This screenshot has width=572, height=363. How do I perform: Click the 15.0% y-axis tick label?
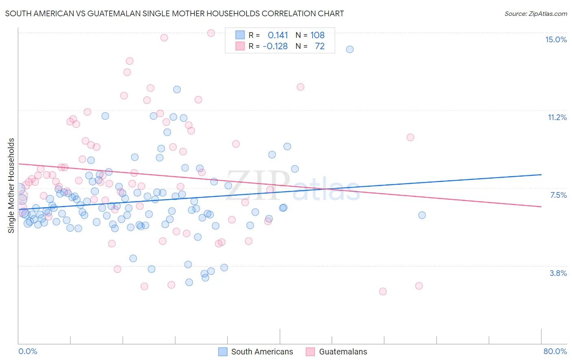coord(556,39)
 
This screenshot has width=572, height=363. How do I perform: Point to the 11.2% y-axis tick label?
coord(557,117)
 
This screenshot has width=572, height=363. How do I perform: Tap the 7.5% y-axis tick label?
coord(558,195)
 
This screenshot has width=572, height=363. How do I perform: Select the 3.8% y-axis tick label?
coord(558,273)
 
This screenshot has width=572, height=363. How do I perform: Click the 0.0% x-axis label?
coord(28,351)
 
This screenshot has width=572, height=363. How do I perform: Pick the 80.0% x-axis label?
coord(555,351)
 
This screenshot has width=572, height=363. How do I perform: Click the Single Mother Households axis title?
coord(11,186)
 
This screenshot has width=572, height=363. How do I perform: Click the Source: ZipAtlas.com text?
coord(535,13)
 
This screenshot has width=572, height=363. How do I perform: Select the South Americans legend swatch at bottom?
coord(223,352)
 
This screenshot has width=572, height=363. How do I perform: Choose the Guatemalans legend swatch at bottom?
coord(310,352)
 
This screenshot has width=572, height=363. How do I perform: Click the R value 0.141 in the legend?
coord(278,35)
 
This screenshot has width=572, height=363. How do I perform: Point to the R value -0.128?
coord(275,46)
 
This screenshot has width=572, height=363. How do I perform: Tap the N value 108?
coord(317,35)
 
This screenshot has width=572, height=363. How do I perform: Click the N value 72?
coord(320,46)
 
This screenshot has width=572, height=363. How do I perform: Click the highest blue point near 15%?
coord(349,49)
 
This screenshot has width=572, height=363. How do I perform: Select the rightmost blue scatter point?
coord(422,215)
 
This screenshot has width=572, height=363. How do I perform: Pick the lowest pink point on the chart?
coord(383,291)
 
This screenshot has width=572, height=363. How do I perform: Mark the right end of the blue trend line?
coord(541,175)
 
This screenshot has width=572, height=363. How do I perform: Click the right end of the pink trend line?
coord(541,207)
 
